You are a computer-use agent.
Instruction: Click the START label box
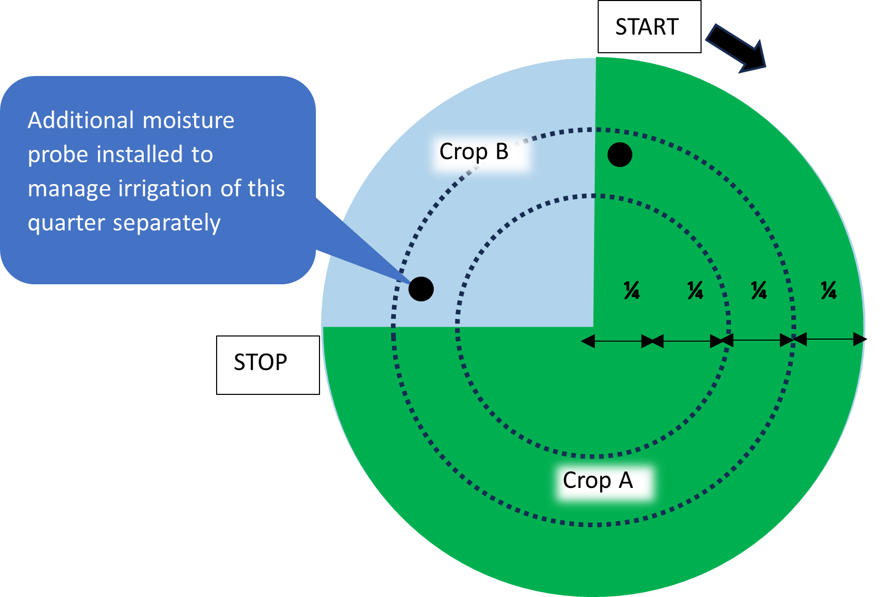[649, 27]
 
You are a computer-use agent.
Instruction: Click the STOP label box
[267, 364]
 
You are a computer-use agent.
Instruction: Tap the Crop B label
[474, 152]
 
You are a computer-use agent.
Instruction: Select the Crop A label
[598, 481]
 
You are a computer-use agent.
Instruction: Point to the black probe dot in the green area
[619, 155]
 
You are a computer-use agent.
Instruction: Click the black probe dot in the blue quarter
[421, 289]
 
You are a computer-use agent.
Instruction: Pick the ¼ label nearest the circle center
[631, 290]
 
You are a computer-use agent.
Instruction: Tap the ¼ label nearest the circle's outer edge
[828, 290]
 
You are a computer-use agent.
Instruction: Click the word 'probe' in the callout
[57, 155]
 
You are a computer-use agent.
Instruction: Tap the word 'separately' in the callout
[166, 223]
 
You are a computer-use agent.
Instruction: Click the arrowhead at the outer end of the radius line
[859, 340]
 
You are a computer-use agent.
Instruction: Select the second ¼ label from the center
[695, 290]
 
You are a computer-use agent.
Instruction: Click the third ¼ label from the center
[758, 290]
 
